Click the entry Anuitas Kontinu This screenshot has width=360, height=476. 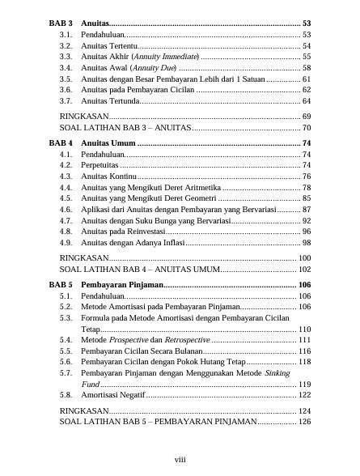109,176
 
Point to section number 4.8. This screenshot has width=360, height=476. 66,232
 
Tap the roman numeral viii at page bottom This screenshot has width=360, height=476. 180,459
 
